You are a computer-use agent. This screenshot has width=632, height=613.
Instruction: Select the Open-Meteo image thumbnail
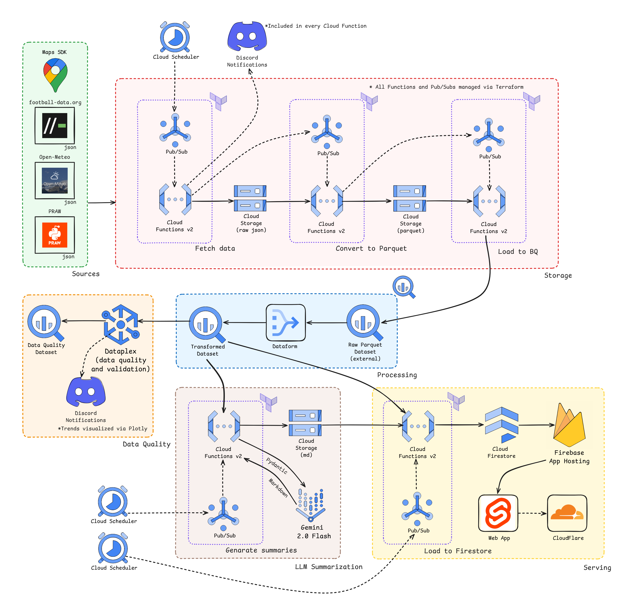point(55,181)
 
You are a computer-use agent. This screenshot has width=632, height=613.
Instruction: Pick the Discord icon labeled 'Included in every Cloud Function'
point(247,36)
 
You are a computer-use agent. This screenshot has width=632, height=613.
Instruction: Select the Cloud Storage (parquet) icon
point(410,198)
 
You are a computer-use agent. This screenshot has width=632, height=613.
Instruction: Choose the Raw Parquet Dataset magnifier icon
point(364,322)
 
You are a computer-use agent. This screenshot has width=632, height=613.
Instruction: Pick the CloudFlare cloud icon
point(567,513)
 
